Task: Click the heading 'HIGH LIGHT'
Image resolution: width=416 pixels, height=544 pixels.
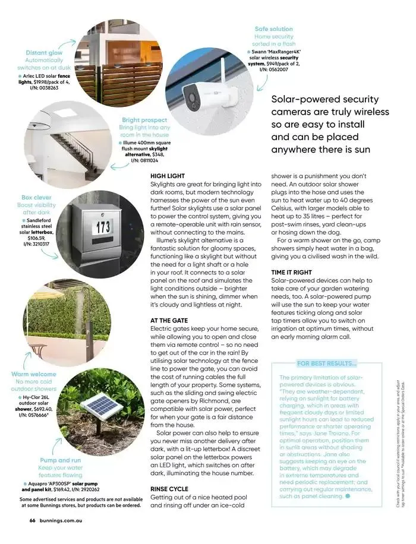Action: (168, 176)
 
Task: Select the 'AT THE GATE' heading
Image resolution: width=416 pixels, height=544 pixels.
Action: (169, 321)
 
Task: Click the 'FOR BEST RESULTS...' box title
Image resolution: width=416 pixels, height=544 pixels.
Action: (326, 363)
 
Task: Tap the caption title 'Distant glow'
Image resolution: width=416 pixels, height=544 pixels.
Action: (44, 53)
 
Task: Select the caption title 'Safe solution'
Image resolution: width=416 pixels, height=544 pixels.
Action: (273, 29)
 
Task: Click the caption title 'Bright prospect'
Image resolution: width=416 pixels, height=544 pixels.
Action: (144, 120)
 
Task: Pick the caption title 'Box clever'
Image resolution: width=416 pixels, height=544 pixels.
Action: (36, 197)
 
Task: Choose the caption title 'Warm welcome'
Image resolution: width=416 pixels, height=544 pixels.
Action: (33, 374)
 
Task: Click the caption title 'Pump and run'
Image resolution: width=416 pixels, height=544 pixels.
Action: (60, 460)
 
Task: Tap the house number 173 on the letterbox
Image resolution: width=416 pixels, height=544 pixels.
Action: (103, 226)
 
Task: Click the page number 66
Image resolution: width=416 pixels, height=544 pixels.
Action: (32, 520)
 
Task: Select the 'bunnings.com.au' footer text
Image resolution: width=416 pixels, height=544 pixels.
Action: (65, 520)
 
